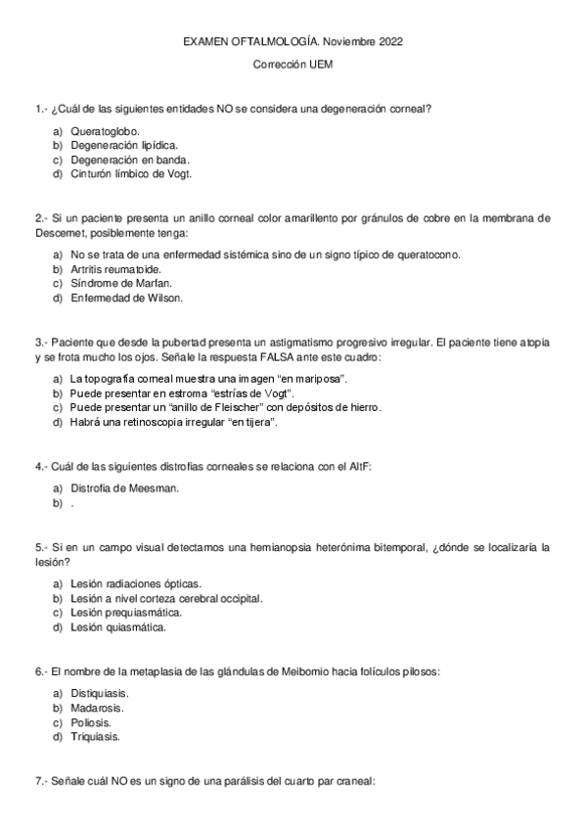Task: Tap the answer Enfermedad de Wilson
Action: point(126,298)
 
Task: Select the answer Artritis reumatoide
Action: point(116,268)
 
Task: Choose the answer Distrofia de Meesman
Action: point(124,487)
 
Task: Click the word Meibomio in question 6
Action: point(261,671)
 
